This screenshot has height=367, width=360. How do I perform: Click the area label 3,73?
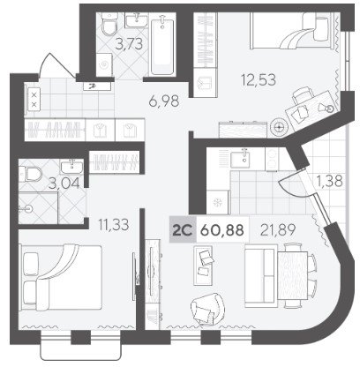[129, 44]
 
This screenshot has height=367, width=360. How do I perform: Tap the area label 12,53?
[259, 79]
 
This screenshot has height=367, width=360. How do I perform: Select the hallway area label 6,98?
[164, 101]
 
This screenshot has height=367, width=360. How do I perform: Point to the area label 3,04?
[64, 183]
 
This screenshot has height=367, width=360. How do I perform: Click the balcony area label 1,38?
[330, 181]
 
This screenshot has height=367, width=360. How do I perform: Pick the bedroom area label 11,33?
[114, 225]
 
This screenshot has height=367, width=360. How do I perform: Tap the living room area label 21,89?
[278, 229]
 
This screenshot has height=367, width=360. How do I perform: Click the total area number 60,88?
[221, 230]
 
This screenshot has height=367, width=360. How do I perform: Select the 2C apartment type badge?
[183, 230]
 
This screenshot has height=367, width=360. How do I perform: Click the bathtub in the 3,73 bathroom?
[162, 44]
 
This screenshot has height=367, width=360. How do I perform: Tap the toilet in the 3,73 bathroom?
[108, 24]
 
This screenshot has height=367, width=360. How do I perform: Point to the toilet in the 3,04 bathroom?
[31, 173]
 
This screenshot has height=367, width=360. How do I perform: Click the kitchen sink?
[240, 159]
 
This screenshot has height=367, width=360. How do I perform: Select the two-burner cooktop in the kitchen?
[273, 159]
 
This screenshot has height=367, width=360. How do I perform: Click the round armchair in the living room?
[207, 308]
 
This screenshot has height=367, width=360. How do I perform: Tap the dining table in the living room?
[292, 275]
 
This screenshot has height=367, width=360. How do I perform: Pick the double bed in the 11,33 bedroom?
[61, 277]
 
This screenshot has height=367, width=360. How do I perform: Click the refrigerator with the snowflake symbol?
[218, 202]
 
